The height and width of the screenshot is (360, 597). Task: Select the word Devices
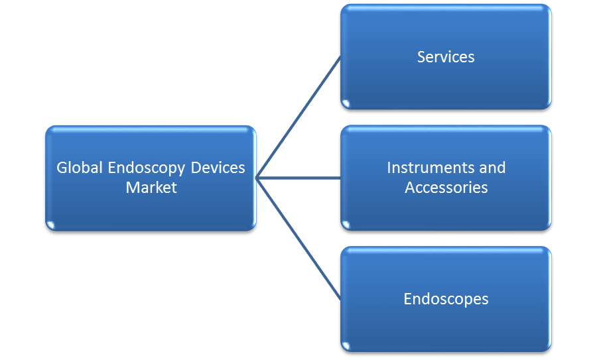218,168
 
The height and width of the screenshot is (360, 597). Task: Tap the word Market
151,188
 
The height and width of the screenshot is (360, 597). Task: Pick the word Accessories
446,188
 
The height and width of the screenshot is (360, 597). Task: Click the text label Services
446,57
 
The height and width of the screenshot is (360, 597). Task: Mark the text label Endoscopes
446,299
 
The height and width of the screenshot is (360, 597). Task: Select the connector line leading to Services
298,117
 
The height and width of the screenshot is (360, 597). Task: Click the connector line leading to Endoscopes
298,239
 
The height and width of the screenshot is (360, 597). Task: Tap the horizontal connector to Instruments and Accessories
298,178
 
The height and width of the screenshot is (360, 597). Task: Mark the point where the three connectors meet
257,178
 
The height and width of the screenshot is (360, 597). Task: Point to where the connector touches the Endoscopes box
340,299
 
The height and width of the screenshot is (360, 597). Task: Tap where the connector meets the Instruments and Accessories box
340,178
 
